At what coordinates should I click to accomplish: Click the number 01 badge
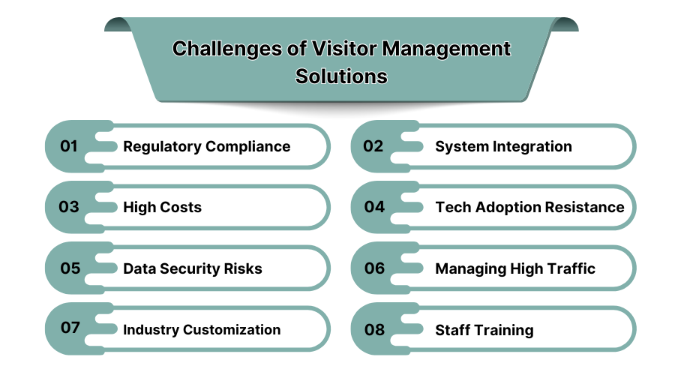70,146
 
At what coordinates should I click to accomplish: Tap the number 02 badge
373,146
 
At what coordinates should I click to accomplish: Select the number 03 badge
70,207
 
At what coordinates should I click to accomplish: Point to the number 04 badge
374,207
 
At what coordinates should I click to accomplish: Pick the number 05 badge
70,268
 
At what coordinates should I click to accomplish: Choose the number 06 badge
374,268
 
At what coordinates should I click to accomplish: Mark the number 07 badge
70,329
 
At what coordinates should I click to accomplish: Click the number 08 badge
374,329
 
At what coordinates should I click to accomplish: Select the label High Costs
162,208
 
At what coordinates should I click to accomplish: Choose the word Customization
232,329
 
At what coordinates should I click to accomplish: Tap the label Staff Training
484,330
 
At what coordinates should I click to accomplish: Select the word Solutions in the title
341,76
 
